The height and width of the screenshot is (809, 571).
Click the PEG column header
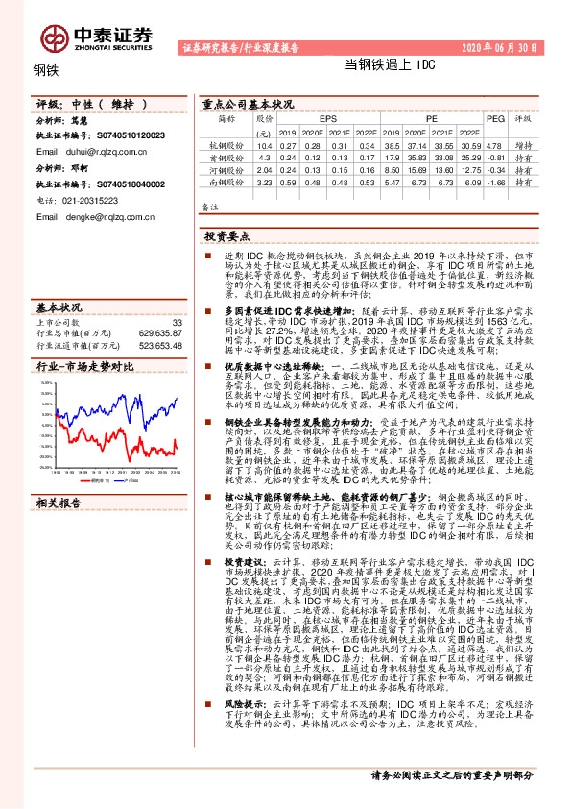click(x=495, y=119)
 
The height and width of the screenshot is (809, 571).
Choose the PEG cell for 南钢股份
click(x=495, y=182)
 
